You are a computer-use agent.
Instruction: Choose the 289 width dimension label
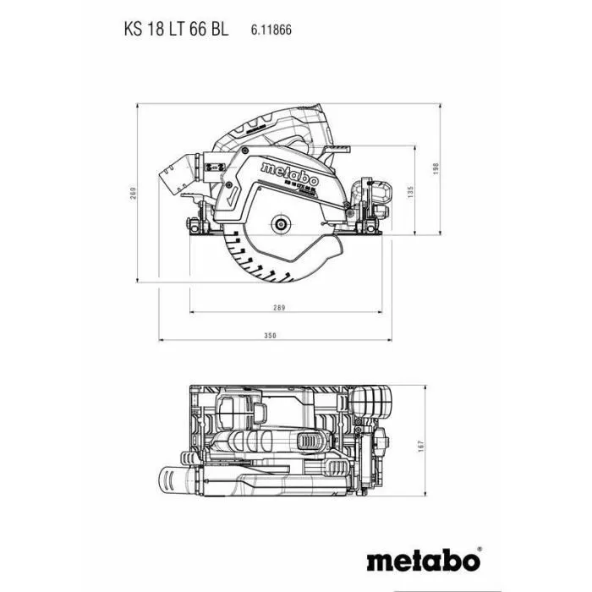click(x=280, y=307)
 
